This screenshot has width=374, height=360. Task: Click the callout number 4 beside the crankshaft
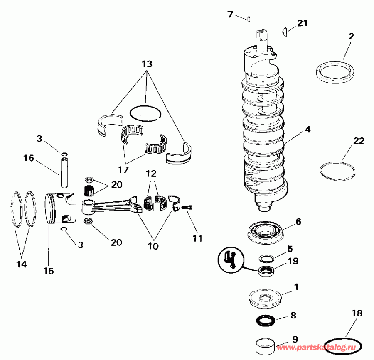coord(307,129)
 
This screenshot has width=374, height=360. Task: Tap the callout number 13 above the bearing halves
coord(147,64)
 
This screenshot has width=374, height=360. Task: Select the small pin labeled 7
coord(248,18)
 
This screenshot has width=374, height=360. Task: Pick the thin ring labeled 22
coord(337,170)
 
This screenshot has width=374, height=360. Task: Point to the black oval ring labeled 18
coord(343,345)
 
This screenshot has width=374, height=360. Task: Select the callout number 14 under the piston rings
coord(21,264)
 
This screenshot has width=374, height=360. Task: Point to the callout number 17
coord(123,170)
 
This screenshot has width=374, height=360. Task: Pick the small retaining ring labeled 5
coord(266,258)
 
